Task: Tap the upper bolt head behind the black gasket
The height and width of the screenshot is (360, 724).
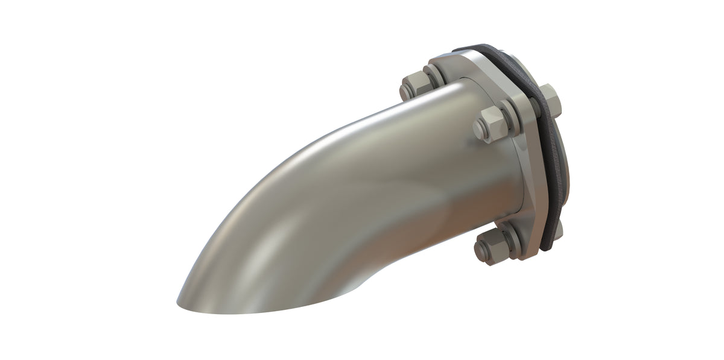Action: (551, 99)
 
